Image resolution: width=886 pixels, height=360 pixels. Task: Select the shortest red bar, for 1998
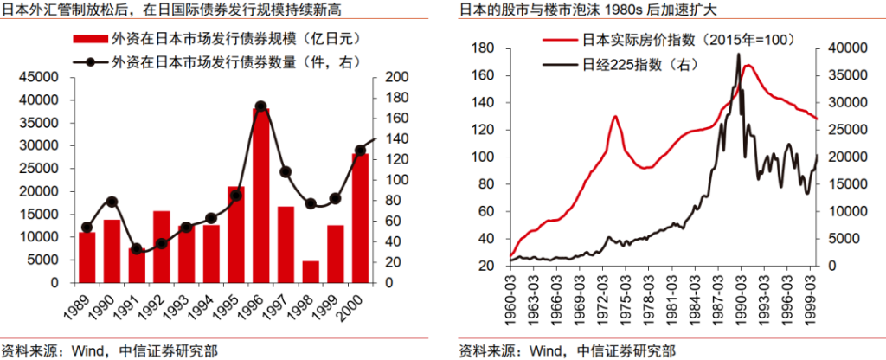click(311, 272)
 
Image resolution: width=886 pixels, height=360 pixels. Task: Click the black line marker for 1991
click(137, 249)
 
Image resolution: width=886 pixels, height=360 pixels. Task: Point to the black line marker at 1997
click(286, 171)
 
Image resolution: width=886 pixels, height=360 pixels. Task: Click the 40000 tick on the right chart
click(844, 48)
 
